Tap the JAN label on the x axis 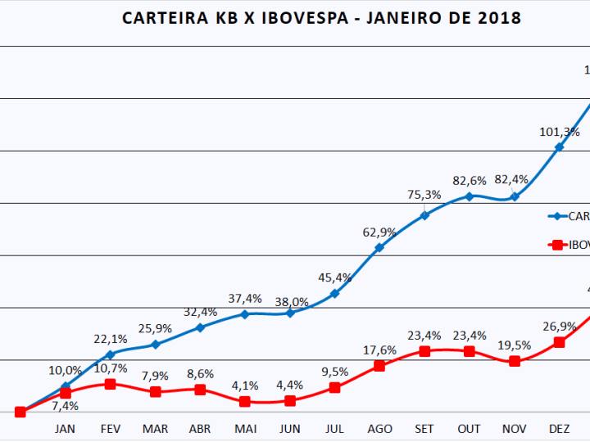point(66,429)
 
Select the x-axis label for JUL point(334,429)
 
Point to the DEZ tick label point(559,429)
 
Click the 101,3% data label point(560,131)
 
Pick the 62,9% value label point(379,232)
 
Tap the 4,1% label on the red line point(244,386)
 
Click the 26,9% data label point(559,326)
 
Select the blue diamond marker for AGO point(379,247)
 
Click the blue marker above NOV point(514,196)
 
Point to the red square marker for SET point(424,351)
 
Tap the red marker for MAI point(244,402)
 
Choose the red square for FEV point(111,384)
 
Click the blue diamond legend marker point(557,216)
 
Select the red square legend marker point(557,244)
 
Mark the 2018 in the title point(499,18)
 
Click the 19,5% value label point(514,345)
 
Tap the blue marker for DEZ point(559,147)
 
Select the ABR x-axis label point(200,429)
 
